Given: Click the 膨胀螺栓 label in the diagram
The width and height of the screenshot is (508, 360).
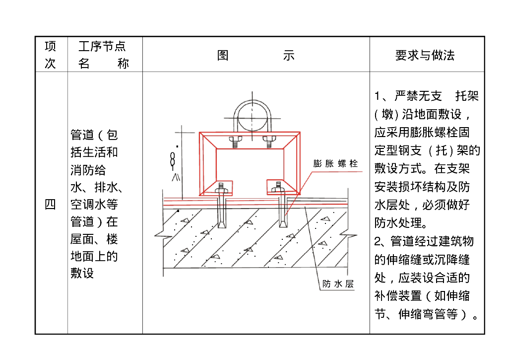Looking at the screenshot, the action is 335,163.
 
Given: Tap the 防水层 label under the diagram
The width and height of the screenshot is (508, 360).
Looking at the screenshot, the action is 337,284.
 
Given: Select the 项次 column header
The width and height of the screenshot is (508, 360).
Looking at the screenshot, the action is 51,55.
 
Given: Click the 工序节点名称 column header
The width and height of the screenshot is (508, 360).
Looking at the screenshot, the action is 103,55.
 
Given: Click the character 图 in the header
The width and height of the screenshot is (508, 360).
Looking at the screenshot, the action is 223,55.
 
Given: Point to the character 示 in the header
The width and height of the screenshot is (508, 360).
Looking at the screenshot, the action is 289,55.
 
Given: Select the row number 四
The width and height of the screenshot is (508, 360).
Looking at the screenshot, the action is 51,204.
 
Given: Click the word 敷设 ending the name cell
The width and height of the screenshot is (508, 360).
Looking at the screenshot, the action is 82,273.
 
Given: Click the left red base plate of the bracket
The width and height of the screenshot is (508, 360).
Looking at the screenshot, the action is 217,186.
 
